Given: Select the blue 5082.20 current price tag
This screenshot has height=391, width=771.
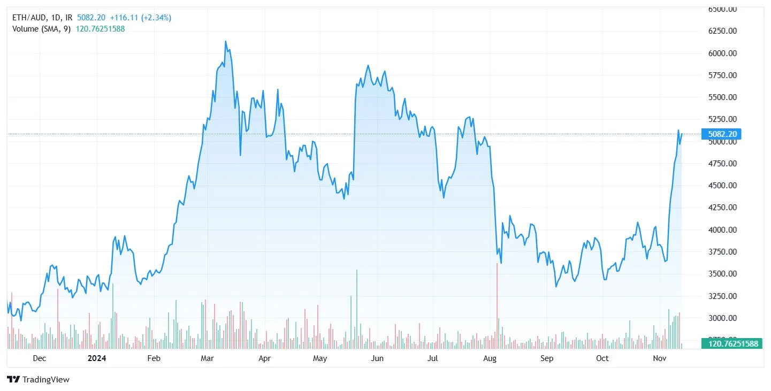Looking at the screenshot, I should [x=721, y=134].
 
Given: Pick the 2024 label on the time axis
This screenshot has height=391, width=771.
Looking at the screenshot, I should [x=97, y=358].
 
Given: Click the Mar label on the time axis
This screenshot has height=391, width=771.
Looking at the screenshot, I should [x=207, y=358].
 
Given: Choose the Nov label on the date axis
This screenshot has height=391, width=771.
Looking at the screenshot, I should [x=659, y=358].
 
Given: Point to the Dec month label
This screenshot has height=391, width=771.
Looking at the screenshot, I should [x=40, y=358].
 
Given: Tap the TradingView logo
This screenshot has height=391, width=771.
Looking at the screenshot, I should [x=39, y=380].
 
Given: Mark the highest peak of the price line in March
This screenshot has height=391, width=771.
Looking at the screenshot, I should [x=226, y=41].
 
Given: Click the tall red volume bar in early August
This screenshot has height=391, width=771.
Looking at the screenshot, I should [x=497, y=305].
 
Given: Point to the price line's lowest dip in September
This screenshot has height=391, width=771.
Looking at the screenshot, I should [x=556, y=286].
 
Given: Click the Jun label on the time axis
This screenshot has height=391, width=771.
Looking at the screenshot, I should [x=377, y=358].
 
